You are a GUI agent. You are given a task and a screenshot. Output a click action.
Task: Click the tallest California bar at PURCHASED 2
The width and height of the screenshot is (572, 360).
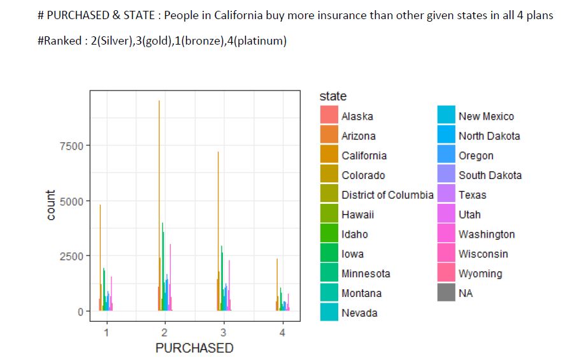pos(159,204)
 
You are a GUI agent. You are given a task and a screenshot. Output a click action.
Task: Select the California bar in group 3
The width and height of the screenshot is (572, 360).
pos(218,229)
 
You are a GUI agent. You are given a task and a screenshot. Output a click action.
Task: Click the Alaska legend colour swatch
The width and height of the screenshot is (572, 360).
pos(329,116)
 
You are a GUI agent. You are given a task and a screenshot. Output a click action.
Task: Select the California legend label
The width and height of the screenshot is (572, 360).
pos(364,155)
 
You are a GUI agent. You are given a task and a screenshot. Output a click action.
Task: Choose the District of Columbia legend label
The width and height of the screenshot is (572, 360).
pos(387,195)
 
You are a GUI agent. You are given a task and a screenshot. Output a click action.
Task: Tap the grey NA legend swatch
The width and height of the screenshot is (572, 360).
pos(446,294)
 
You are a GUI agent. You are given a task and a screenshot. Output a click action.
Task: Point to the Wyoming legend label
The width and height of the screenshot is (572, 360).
pos(480,274)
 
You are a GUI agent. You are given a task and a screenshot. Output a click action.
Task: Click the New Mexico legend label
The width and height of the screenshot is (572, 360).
pos(486,116)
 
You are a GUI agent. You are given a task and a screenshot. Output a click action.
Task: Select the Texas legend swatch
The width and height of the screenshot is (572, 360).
pos(446,195)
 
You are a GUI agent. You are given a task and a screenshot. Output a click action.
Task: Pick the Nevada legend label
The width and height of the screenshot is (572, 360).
pos(359,313)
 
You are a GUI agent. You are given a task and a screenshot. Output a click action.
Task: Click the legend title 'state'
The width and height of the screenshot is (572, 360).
pos(333,96)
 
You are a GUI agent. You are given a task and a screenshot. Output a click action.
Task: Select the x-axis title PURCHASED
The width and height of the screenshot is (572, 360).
pos(194,349)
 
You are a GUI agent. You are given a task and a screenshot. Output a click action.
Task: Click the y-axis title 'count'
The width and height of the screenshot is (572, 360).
pos(51,205)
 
